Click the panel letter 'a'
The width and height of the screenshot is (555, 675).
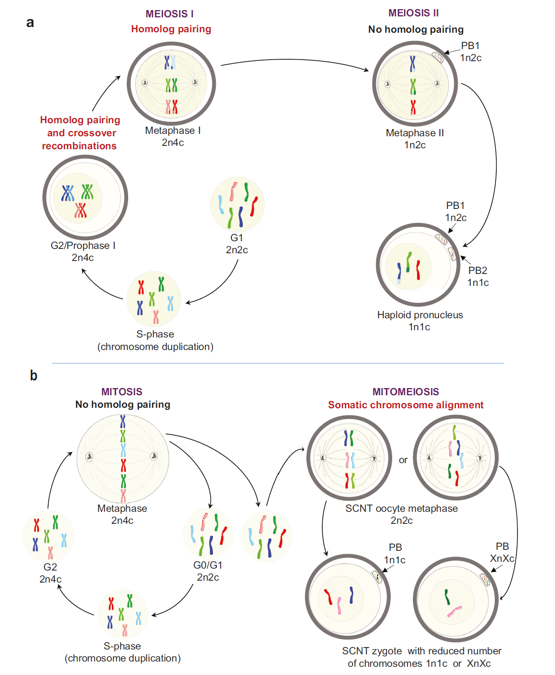click(x=30, y=23)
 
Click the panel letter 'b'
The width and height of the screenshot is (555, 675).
click(x=33, y=376)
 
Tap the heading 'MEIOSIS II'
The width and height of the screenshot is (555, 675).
click(x=413, y=13)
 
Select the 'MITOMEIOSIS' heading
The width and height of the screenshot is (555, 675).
click(x=406, y=392)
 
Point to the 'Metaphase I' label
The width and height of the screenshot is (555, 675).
click(x=172, y=130)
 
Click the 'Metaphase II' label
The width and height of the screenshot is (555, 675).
click(x=415, y=133)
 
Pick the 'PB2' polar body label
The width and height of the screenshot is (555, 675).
click(x=477, y=271)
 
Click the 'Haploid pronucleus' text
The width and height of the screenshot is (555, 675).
click(x=420, y=315)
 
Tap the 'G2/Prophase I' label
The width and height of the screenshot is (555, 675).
click(x=83, y=246)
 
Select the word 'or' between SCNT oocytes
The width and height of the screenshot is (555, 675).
click(x=403, y=460)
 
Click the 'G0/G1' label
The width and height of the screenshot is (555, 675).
click(x=208, y=565)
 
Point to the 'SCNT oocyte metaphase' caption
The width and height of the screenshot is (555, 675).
click(x=401, y=508)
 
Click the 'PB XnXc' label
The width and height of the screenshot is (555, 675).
click(x=502, y=552)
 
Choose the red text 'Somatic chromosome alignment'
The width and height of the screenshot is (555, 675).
click(x=406, y=405)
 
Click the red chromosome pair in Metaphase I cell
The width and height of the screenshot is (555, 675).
click(x=172, y=107)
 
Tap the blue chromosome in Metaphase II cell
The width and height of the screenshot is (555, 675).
click(x=412, y=64)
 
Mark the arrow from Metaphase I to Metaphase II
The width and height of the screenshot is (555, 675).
click(x=294, y=61)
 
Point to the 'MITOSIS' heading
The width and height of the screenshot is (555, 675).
click(x=122, y=392)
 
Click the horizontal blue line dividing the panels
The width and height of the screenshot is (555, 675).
click(x=277, y=363)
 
